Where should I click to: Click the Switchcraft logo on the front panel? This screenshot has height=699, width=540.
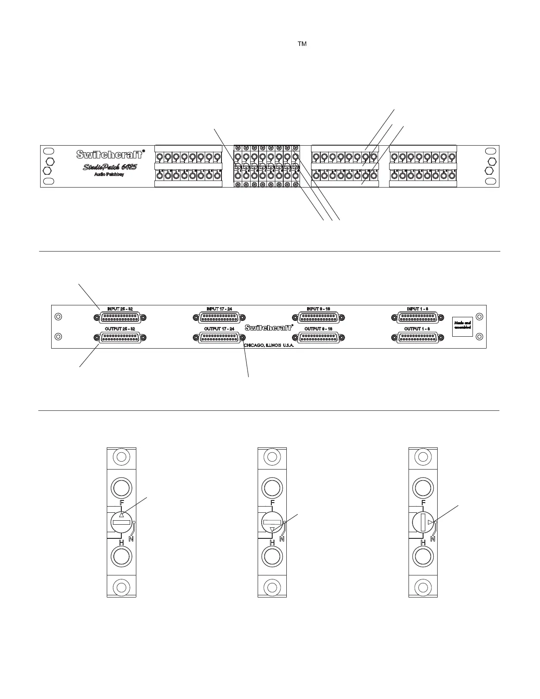click(110, 154)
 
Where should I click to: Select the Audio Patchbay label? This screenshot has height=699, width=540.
click(109, 175)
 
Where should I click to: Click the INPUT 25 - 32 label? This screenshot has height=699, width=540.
click(120, 309)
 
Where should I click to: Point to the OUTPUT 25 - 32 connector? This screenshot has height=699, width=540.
click(120, 338)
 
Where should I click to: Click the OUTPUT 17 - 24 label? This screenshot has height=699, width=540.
click(219, 329)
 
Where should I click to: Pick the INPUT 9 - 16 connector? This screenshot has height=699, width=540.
click(319, 317)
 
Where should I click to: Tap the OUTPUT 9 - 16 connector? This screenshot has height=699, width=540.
click(319, 338)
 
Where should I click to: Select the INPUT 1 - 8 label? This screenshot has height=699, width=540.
click(418, 309)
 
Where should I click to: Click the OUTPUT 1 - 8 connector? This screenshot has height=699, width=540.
click(418, 338)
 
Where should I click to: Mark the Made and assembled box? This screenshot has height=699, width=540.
click(462, 325)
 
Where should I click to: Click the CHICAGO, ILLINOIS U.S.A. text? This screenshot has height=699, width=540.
click(269, 345)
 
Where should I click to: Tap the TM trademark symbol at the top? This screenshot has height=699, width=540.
click(302, 44)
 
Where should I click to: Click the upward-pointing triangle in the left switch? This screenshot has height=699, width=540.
click(122, 515)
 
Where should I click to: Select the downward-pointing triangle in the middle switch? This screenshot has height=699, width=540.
click(272, 530)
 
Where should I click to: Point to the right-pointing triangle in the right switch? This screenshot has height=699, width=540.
click(430, 522)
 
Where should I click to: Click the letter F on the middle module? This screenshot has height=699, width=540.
click(272, 503)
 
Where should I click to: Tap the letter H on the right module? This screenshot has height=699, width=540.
click(423, 542)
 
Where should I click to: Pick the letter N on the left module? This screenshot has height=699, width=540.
click(131, 538)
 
